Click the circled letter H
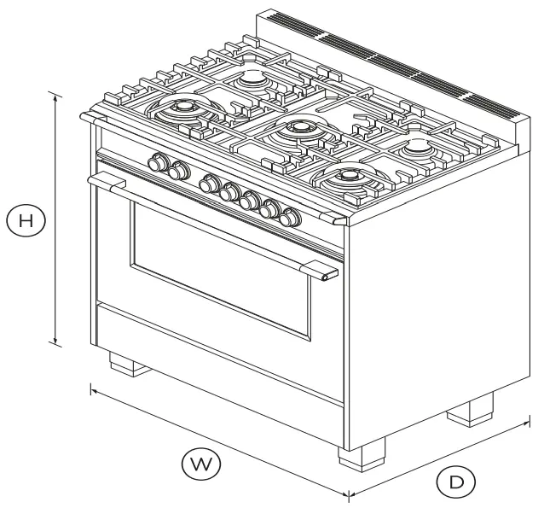click(x=27, y=220)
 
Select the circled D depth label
click(x=456, y=482)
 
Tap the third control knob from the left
click(x=207, y=184)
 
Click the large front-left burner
click(x=183, y=108)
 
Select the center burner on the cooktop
click(x=299, y=128)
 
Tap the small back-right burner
click(x=417, y=147)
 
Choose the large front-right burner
click(x=348, y=177)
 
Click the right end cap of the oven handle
click(x=328, y=273)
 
